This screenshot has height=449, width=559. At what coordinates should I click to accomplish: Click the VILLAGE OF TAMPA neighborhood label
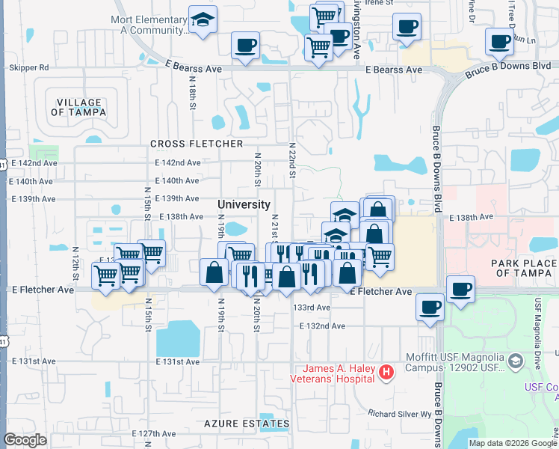click(x=78, y=107)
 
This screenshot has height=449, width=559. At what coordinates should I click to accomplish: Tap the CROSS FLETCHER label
click(x=197, y=144)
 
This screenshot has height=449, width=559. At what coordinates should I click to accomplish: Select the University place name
click(x=244, y=204)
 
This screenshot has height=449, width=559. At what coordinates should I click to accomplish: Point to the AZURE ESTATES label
click(x=247, y=424)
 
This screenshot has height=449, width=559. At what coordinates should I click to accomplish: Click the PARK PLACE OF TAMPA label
click(x=524, y=268)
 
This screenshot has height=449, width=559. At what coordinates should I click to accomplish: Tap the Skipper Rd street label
click(x=28, y=67)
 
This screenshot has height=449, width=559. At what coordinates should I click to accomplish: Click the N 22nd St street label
click(x=292, y=161)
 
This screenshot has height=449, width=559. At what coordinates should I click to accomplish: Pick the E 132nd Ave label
click(x=322, y=326)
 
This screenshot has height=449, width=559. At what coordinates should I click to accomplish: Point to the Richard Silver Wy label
click(x=401, y=413)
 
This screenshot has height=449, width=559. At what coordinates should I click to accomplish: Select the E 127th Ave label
click(x=156, y=434)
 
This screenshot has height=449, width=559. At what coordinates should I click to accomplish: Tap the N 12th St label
click(x=77, y=260)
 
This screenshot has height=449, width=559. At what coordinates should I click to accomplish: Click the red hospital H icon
click(x=386, y=371)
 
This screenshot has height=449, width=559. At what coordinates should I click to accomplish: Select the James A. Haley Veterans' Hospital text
click(x=338, y=373)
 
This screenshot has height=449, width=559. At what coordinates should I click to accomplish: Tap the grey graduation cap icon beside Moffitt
click(x=515, y=362)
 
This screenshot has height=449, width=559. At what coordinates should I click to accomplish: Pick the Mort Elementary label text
click(x=148, y=25)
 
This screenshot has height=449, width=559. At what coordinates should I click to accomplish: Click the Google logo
click(x=25, y=440)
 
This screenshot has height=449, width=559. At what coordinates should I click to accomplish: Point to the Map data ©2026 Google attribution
click(x=512, y=443)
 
